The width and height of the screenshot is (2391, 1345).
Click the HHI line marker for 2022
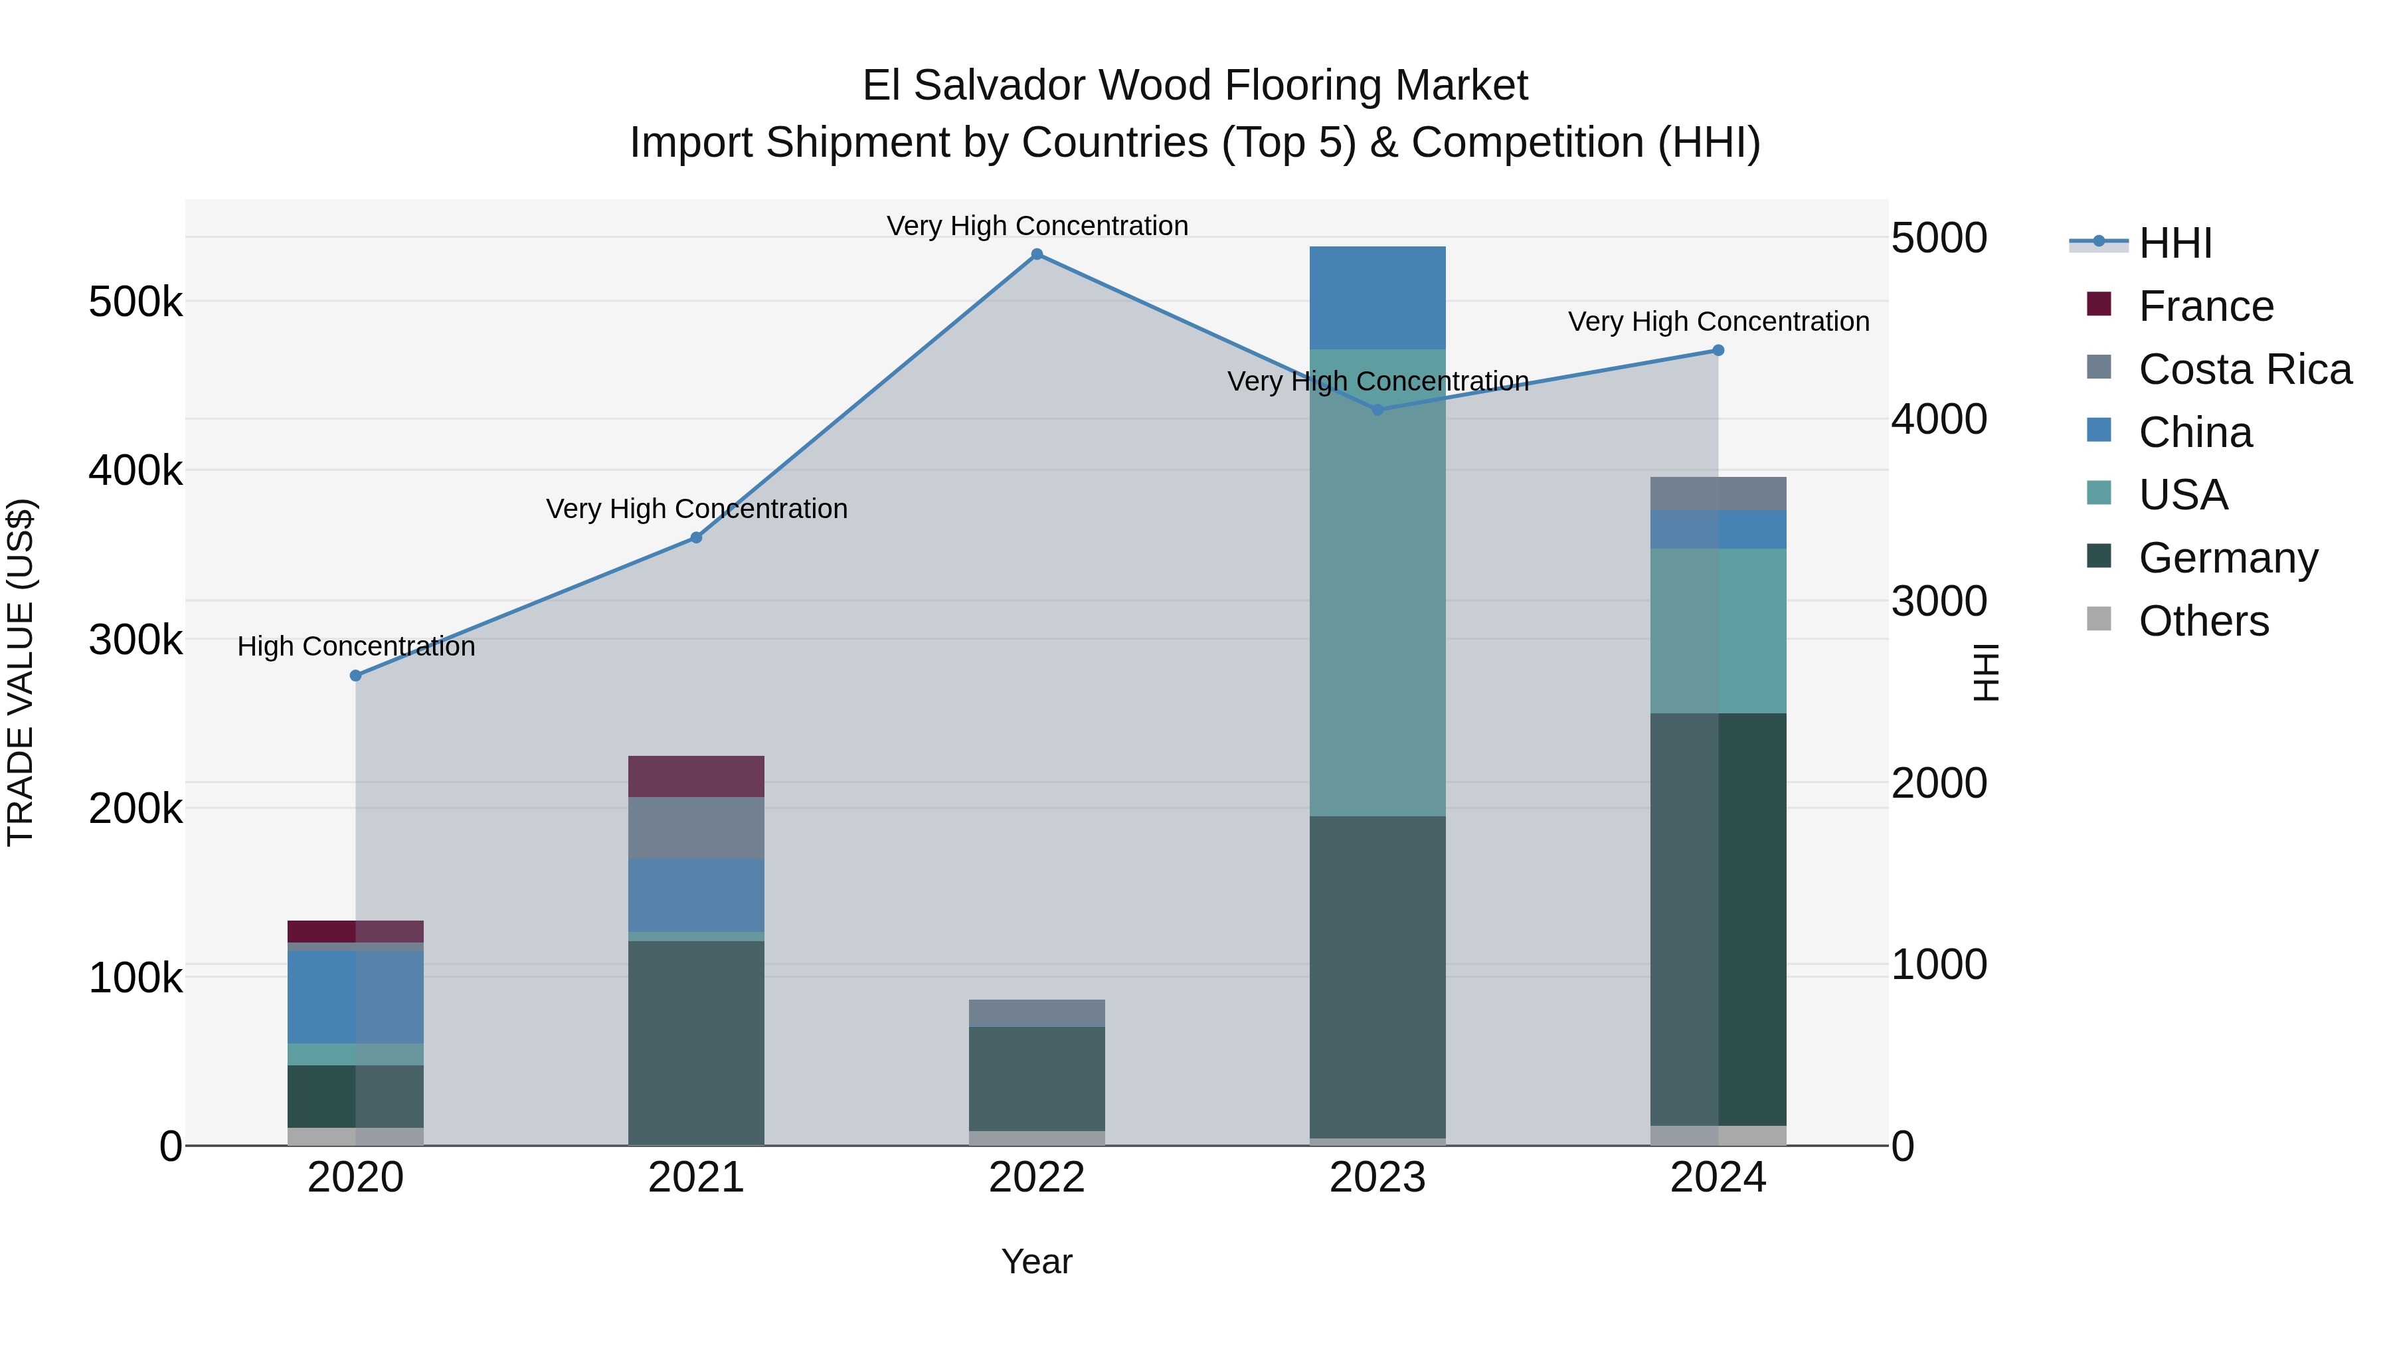[1037, 254]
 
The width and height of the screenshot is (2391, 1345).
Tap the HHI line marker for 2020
[355, 675]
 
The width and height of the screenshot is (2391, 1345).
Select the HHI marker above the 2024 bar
[1718, 350]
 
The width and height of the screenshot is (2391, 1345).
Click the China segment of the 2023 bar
[1377, 297]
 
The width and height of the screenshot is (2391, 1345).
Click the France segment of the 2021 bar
[696, 776]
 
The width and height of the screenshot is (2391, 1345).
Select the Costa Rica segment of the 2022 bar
[1037, 1013]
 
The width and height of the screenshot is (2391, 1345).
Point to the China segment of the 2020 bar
[355, 997]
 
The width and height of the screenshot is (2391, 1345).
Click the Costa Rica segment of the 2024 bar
[1718, 493]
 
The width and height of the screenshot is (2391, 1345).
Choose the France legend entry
[2205, 306]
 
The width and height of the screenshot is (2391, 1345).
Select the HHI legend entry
[2174, 243]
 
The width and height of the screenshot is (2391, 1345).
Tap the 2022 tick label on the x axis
[1037, 1178]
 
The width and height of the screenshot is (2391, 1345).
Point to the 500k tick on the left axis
[135, 302]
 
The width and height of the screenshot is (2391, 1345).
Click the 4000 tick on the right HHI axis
[1939, 420]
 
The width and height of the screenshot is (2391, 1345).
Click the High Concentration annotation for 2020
[357, 646]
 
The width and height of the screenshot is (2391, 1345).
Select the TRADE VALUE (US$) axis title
[21, 672]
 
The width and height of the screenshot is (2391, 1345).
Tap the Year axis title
[1037, 1261]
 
